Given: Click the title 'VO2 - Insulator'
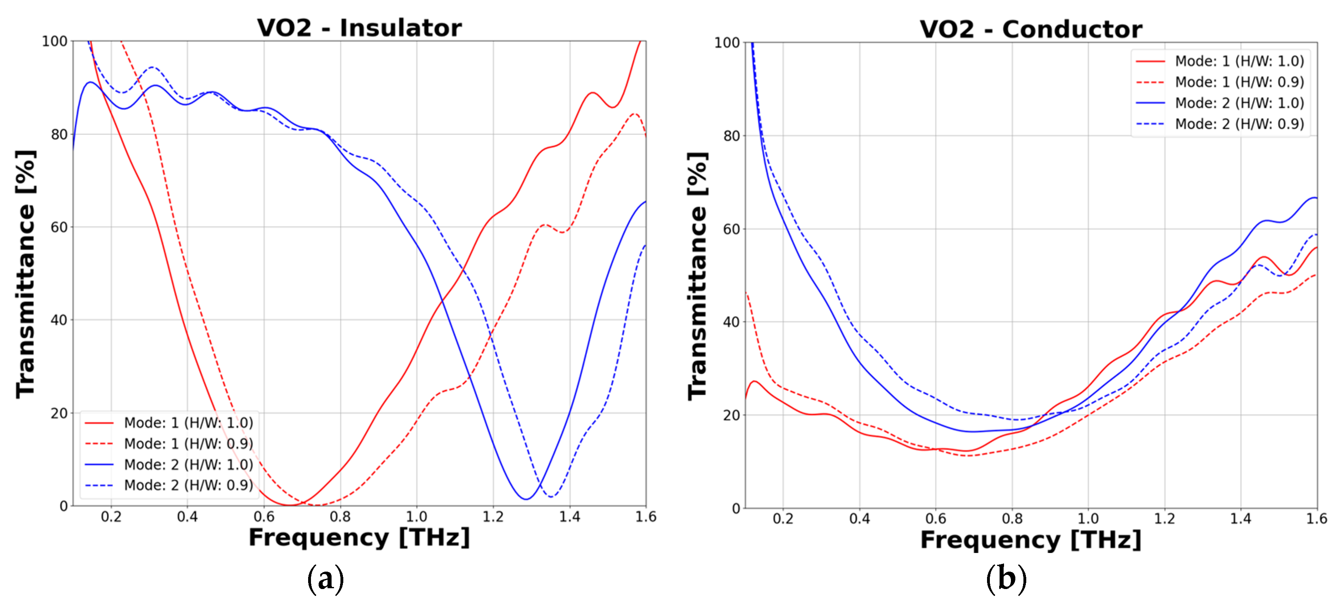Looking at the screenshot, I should point(359,28).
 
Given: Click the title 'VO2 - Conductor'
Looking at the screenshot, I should point(1031,29).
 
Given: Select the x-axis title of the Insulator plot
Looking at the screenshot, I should point(359,538).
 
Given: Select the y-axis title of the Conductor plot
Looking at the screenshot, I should point(698,276).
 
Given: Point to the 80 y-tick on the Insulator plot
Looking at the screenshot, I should point(59,134).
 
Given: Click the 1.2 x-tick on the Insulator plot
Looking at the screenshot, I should point(493,517).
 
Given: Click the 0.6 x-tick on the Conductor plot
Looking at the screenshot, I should point(936,518).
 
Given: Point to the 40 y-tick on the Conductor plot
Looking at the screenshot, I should point(731,322).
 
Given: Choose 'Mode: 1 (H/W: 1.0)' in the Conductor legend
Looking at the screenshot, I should point(1239,61).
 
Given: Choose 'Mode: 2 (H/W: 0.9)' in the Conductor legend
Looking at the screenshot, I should point(1239,124).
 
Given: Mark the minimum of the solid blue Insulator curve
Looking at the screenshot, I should point(526,499).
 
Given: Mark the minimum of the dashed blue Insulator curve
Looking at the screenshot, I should point(550,496).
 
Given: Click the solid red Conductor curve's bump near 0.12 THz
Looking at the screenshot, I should point(754,381).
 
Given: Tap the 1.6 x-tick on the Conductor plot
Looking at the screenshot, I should point(1316,518).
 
